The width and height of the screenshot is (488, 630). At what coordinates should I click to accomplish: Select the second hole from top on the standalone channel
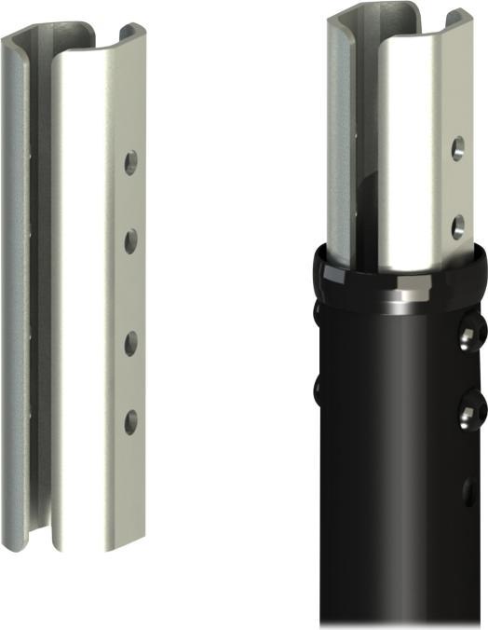click(130, 240)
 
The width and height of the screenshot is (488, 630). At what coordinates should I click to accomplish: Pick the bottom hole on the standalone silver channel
click(130, 420)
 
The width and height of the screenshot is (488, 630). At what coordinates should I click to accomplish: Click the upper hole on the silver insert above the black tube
click(458, 147)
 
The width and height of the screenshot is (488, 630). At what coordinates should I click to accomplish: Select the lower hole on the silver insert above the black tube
click(457, 224)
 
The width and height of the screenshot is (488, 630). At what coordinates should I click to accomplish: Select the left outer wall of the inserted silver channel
click(337, 140)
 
